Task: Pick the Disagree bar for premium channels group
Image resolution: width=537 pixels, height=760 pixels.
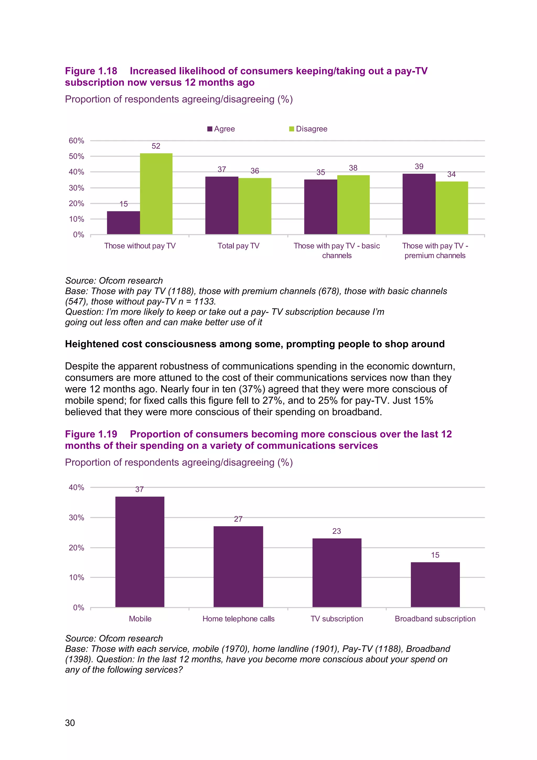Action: point(451,208)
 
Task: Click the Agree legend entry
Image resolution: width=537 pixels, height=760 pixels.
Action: point(221,129)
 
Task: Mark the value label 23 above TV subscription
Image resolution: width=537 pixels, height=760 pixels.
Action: point(336,531)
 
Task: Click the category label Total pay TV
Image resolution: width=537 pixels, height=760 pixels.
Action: point(238,246)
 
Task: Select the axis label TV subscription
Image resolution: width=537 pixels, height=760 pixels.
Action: point(336,619)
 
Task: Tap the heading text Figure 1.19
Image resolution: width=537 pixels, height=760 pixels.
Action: point(91,434)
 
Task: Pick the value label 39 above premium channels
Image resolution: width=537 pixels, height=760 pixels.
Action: point(419,167)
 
